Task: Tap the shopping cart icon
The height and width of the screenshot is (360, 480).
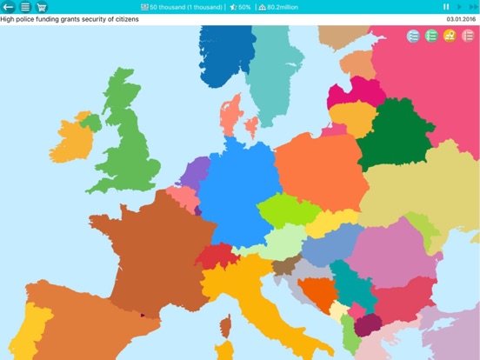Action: [x=42, y=7]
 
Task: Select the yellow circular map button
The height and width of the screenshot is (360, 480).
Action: [x=450, y=36]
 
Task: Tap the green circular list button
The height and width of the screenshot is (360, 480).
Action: [x=431, y=36]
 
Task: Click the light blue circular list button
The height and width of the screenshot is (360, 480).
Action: [x=413, y=36]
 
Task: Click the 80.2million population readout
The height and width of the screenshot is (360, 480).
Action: [x=285, y=7]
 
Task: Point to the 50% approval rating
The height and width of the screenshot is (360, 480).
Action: [x=240, y=7]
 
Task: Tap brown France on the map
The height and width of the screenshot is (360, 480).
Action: [x=152, y=248]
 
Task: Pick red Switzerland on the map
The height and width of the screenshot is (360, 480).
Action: [x=217, y=257]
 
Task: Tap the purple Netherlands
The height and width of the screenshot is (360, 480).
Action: [x=196, y=171]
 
